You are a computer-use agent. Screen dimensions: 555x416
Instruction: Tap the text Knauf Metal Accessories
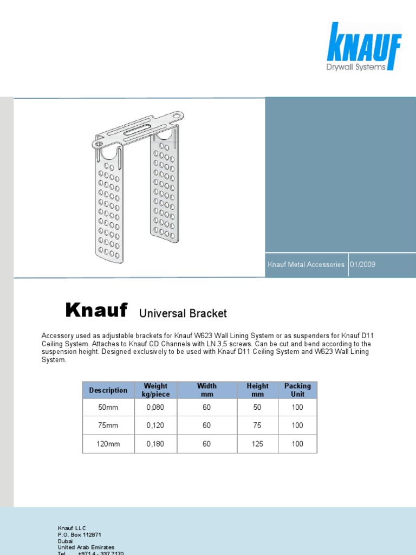pyautogui.click(x=306, y=264)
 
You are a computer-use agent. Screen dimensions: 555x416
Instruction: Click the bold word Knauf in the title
pyautogui.click(x=96, y=311)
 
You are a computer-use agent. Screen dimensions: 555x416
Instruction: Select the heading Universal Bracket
pyautogui.click(x=183, y=313)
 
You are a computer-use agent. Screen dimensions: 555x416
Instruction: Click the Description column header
pyautogui.click(x=108, y=390)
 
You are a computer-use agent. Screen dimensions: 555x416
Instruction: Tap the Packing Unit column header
pyautogui.click(x=297, y=390)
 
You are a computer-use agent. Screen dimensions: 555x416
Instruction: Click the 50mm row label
pyautogui.click(x=108, y=408)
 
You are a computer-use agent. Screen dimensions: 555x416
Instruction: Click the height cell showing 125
pyautogui.click(x=257, y=444)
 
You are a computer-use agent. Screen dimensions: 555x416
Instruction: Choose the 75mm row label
pyautogui.click(x=108, y=425)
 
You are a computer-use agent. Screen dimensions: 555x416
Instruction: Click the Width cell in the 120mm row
pyautogui.click(x=206, y=444)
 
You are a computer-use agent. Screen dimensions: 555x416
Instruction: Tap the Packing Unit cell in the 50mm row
pyautogui.click(x=297, y=408)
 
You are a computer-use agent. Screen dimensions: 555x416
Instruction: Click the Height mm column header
pyautogui.click(x=257, y=390)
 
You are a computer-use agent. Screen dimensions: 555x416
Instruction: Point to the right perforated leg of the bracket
pyautogui.click(x=165, y=190)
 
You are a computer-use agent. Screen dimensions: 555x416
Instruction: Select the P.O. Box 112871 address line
pyautogui.click(x=79, y=534)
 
